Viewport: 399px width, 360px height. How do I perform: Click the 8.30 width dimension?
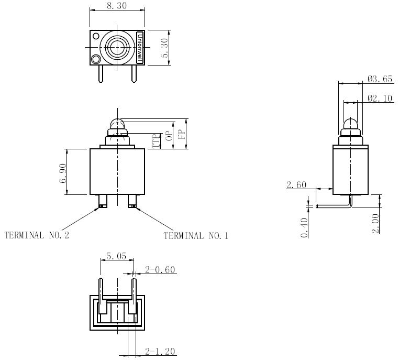coord(117,6)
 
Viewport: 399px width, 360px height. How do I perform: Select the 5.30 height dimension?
coord(164,48)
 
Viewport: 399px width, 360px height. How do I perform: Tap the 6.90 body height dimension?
coord(63,173)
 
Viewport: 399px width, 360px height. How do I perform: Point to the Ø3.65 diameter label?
coord(380,79)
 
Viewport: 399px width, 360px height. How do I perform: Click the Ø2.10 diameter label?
coord(380,98)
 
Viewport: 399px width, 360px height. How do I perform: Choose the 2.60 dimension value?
coord(296,185)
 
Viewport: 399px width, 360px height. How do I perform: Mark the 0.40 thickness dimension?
coord(304,227)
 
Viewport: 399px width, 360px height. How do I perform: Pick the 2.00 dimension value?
coord(375,224)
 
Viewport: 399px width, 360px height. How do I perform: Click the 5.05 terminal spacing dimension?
coord(116,256)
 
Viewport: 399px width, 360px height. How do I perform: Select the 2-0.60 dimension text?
coord(160,270)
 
